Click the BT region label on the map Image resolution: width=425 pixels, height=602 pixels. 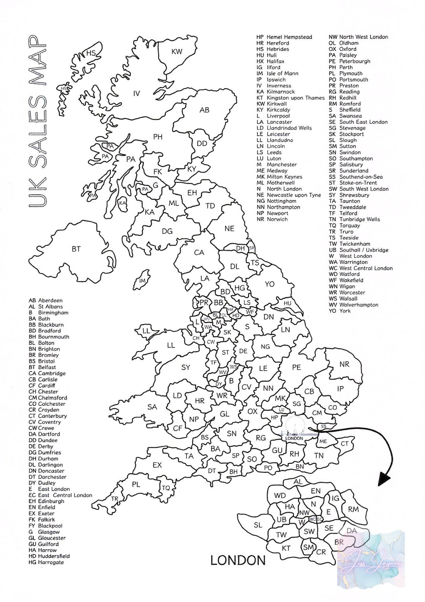[76, 249]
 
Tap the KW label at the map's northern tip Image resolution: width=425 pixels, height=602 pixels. [177, 52]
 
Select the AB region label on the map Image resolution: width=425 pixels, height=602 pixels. [204, 110]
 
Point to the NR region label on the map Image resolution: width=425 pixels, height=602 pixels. [344, 364]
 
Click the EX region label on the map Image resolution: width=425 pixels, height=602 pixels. [157, 465]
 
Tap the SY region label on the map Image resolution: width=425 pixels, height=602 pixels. [186, 368]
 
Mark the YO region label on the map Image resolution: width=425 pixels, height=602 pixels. [270, 284]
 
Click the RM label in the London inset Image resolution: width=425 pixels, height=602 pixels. [353, 509]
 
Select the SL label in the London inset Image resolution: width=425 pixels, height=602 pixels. [258, 525]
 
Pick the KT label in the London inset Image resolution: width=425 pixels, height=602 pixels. [286, 548]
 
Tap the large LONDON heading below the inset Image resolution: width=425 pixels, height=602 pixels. [238, 560]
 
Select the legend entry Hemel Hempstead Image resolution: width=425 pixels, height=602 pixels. [289, 37]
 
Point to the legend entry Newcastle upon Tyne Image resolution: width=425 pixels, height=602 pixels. [294, 195]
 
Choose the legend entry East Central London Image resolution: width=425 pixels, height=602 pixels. [65, 495]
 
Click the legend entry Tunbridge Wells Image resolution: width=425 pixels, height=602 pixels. [360, 219]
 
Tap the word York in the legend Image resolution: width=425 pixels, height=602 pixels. [345, 311]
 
